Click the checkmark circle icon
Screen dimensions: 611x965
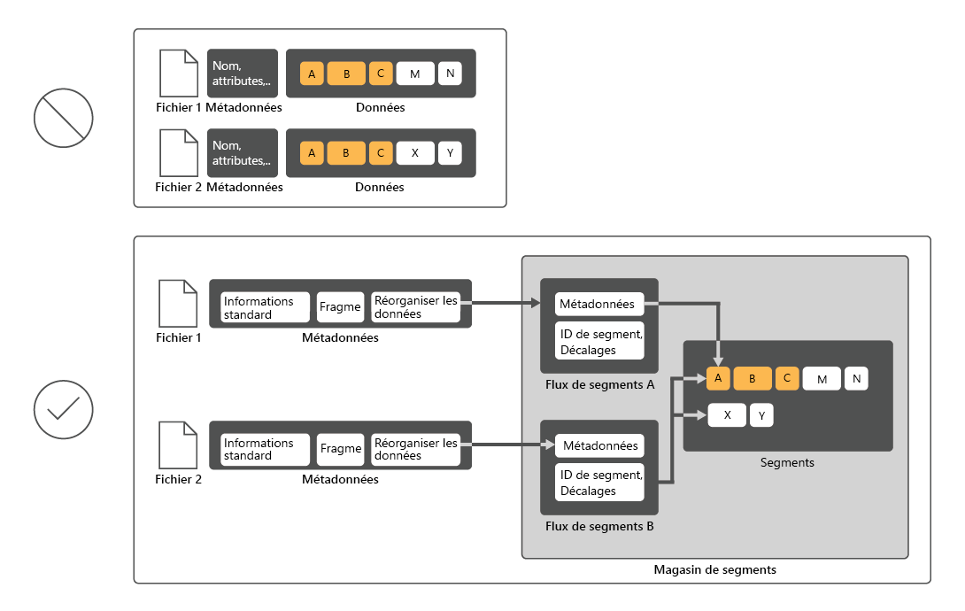tap(64, 409)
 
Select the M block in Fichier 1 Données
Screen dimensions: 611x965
tap(414, 73)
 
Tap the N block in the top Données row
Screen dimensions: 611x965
tap(450, 73)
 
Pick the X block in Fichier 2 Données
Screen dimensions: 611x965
tap(414, 153)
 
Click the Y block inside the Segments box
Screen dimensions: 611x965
tap(761, 415)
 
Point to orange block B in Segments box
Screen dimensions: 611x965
tap(753, 379)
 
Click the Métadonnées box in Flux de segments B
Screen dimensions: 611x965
tap(599, 445)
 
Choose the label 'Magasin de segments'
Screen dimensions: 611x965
tap(714, 570)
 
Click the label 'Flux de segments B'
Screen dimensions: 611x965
tap(599, 527)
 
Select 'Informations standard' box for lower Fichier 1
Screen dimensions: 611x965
tap(265, 307)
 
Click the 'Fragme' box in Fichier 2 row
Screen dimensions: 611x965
tap(341, 449)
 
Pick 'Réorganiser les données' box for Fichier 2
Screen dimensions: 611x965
tap(415, 449)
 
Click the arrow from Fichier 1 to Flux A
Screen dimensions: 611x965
tap(505, 304)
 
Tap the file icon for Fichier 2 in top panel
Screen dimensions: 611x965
tap(178, 153)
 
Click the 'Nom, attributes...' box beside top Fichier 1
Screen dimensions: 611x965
tap(242, 73)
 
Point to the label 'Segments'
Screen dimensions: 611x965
tap(787, 463)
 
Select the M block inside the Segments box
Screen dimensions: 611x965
tap(822, 379)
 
